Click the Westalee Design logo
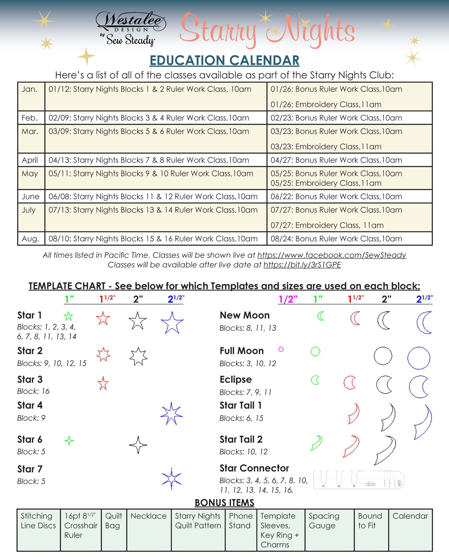130,29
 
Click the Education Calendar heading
224,60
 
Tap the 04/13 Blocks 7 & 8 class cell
155,160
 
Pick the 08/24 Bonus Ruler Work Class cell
349,239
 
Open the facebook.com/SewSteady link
332,255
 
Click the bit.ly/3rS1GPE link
302,265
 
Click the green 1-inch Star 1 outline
68,316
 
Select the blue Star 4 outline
171,414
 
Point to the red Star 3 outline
103,383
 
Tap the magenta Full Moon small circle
281,349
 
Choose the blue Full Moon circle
419,358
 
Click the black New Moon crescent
384,320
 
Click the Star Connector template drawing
359,480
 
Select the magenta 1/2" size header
288,299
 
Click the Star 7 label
30,469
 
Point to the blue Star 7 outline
171,479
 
